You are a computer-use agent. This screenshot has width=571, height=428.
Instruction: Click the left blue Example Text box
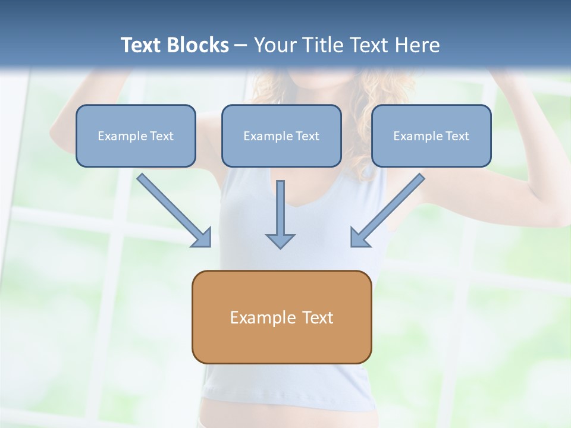coord(136,136)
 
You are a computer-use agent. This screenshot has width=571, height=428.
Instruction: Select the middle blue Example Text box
coord(281,136)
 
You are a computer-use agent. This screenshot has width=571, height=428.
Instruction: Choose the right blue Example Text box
coord(431,136)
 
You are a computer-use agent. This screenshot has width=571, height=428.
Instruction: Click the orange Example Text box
coord(281,317)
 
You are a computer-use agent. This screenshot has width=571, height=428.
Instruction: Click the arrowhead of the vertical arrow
coord(280,240)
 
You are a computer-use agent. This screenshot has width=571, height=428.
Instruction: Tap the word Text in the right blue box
coord(457,136)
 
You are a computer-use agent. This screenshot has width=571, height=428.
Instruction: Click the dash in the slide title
coord(241,46)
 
